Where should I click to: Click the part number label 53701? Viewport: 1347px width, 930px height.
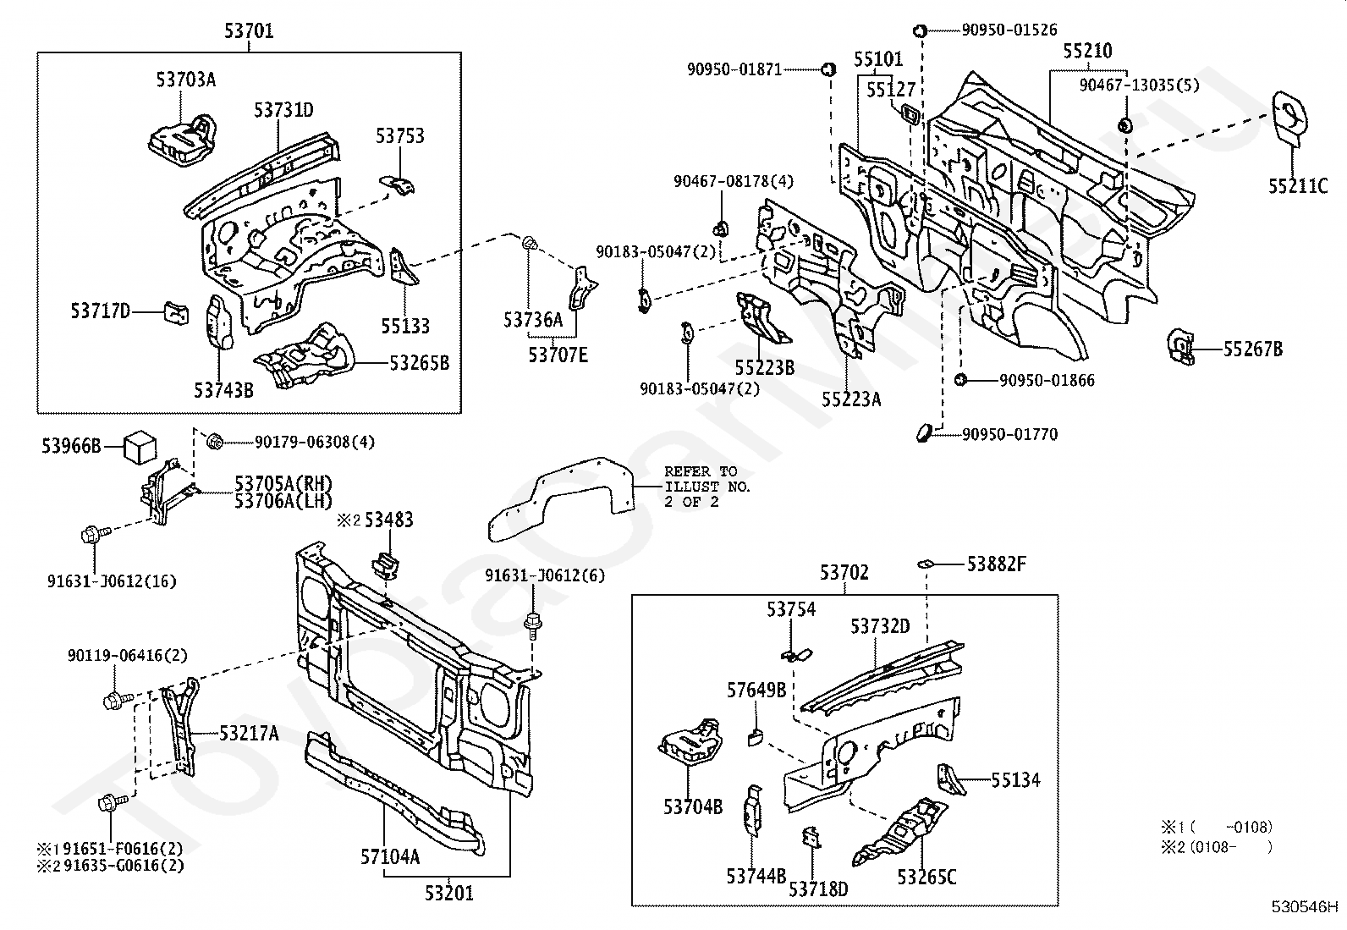click(249, 30)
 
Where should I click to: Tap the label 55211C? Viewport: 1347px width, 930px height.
click(1298, 186)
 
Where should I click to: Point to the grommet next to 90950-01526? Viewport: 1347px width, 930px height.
click(920, 30)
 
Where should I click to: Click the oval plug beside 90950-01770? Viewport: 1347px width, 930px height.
click(923, 432)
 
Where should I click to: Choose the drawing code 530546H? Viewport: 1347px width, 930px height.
click(1305, 906)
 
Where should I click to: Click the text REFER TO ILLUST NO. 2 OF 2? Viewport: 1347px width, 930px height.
click(707, 487)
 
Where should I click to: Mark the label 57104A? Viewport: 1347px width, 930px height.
click(390, 856)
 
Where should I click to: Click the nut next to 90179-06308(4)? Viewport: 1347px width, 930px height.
click(215, 442)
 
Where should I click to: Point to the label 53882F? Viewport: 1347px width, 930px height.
click(997, 564)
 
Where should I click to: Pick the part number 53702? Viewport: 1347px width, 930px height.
click(844, 572)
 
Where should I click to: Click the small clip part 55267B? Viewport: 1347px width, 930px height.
click(1179, 346)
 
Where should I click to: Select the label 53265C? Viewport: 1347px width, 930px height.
click(926, 877)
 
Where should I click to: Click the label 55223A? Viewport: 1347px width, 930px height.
click(851, 399)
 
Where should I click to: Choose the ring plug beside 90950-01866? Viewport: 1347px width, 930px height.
click(960, 380)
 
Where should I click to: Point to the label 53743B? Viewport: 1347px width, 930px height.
click(223, 390)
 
